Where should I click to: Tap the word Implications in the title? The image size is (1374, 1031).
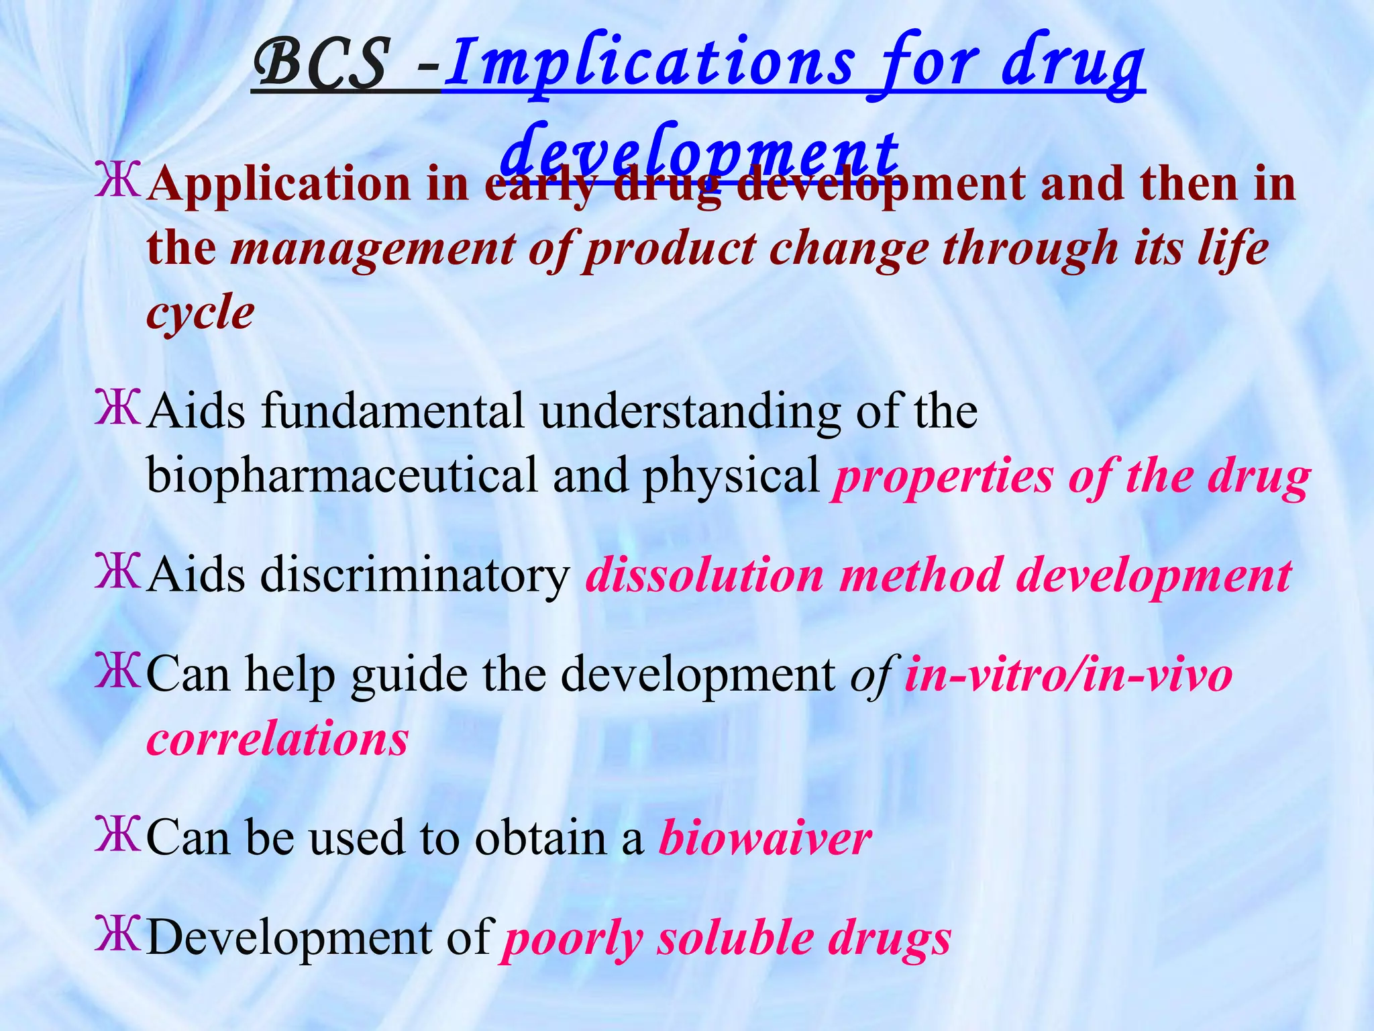click(x=648, y=67)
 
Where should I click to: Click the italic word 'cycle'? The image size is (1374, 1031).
click(x=201, y=313)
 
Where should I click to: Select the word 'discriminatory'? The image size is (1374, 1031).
click(x=415, y=575)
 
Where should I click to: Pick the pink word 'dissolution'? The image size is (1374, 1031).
click(x=704, y=575)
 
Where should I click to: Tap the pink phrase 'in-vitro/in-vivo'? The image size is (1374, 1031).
click(x=1068, y=675)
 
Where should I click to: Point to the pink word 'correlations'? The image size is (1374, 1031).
click(x=278, y=739)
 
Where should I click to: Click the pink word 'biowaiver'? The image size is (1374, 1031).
click(x=765, y=838)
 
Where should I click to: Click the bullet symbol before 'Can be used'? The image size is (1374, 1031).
click(x=118, y=834)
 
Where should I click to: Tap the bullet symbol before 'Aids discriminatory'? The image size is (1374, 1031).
click(x=118, y=571)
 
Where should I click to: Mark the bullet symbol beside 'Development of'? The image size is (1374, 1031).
click(x=118, y=934)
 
